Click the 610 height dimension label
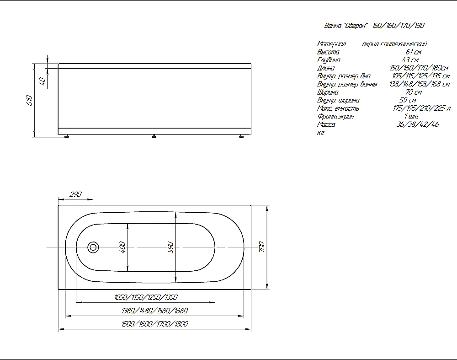click(29, 100)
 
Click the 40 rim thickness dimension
click(42, 81)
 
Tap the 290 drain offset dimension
click(75, 194)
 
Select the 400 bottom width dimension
click(122, 247)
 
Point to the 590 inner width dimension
click(170, 247)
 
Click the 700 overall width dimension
click(261, 247)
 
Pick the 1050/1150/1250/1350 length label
click(146, 297)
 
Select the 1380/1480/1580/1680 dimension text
click(155, 311)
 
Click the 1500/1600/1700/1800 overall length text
click(155, 324)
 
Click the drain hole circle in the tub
click(93, 247)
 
